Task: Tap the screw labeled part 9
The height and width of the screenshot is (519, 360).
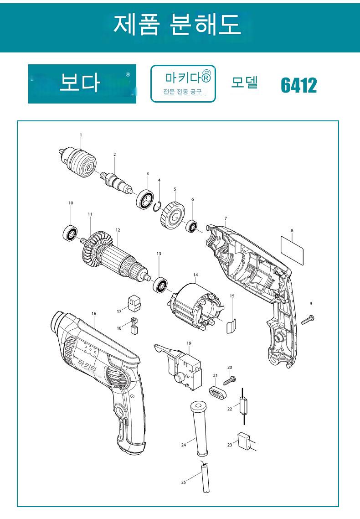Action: pos(308,319)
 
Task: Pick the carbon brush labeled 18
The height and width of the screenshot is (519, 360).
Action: pos(134,326)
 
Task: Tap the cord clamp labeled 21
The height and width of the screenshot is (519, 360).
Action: pos(217,393)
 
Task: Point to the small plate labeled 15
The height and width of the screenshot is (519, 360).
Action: pos(231,325)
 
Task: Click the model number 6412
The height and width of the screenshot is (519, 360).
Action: pos(298,85)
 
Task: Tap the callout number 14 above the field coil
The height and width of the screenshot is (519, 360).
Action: pos(195,275)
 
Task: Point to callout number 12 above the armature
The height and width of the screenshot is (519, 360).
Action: pos(118,230)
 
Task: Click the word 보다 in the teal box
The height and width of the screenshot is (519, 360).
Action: pos(80,82)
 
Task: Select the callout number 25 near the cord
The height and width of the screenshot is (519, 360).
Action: pos(184,482)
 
